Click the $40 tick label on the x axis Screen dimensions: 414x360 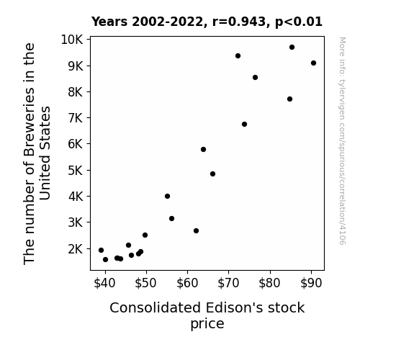104,283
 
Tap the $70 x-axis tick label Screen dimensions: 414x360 228,283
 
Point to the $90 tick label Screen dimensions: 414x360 311,283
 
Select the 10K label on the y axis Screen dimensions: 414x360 72,40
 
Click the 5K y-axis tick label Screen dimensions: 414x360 76,171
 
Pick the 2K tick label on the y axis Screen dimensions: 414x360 76,249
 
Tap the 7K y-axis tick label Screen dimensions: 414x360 76,118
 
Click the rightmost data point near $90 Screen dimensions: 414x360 313,63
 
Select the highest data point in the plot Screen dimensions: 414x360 292,47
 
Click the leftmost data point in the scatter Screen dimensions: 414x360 101,250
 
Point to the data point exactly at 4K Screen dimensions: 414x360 167,196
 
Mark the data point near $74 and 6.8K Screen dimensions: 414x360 244,124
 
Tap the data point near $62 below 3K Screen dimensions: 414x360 196,230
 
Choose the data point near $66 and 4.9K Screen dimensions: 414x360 212,174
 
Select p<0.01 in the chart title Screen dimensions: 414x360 299,22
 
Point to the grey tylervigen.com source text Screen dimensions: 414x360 342,141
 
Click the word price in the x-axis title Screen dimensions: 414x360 207,324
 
